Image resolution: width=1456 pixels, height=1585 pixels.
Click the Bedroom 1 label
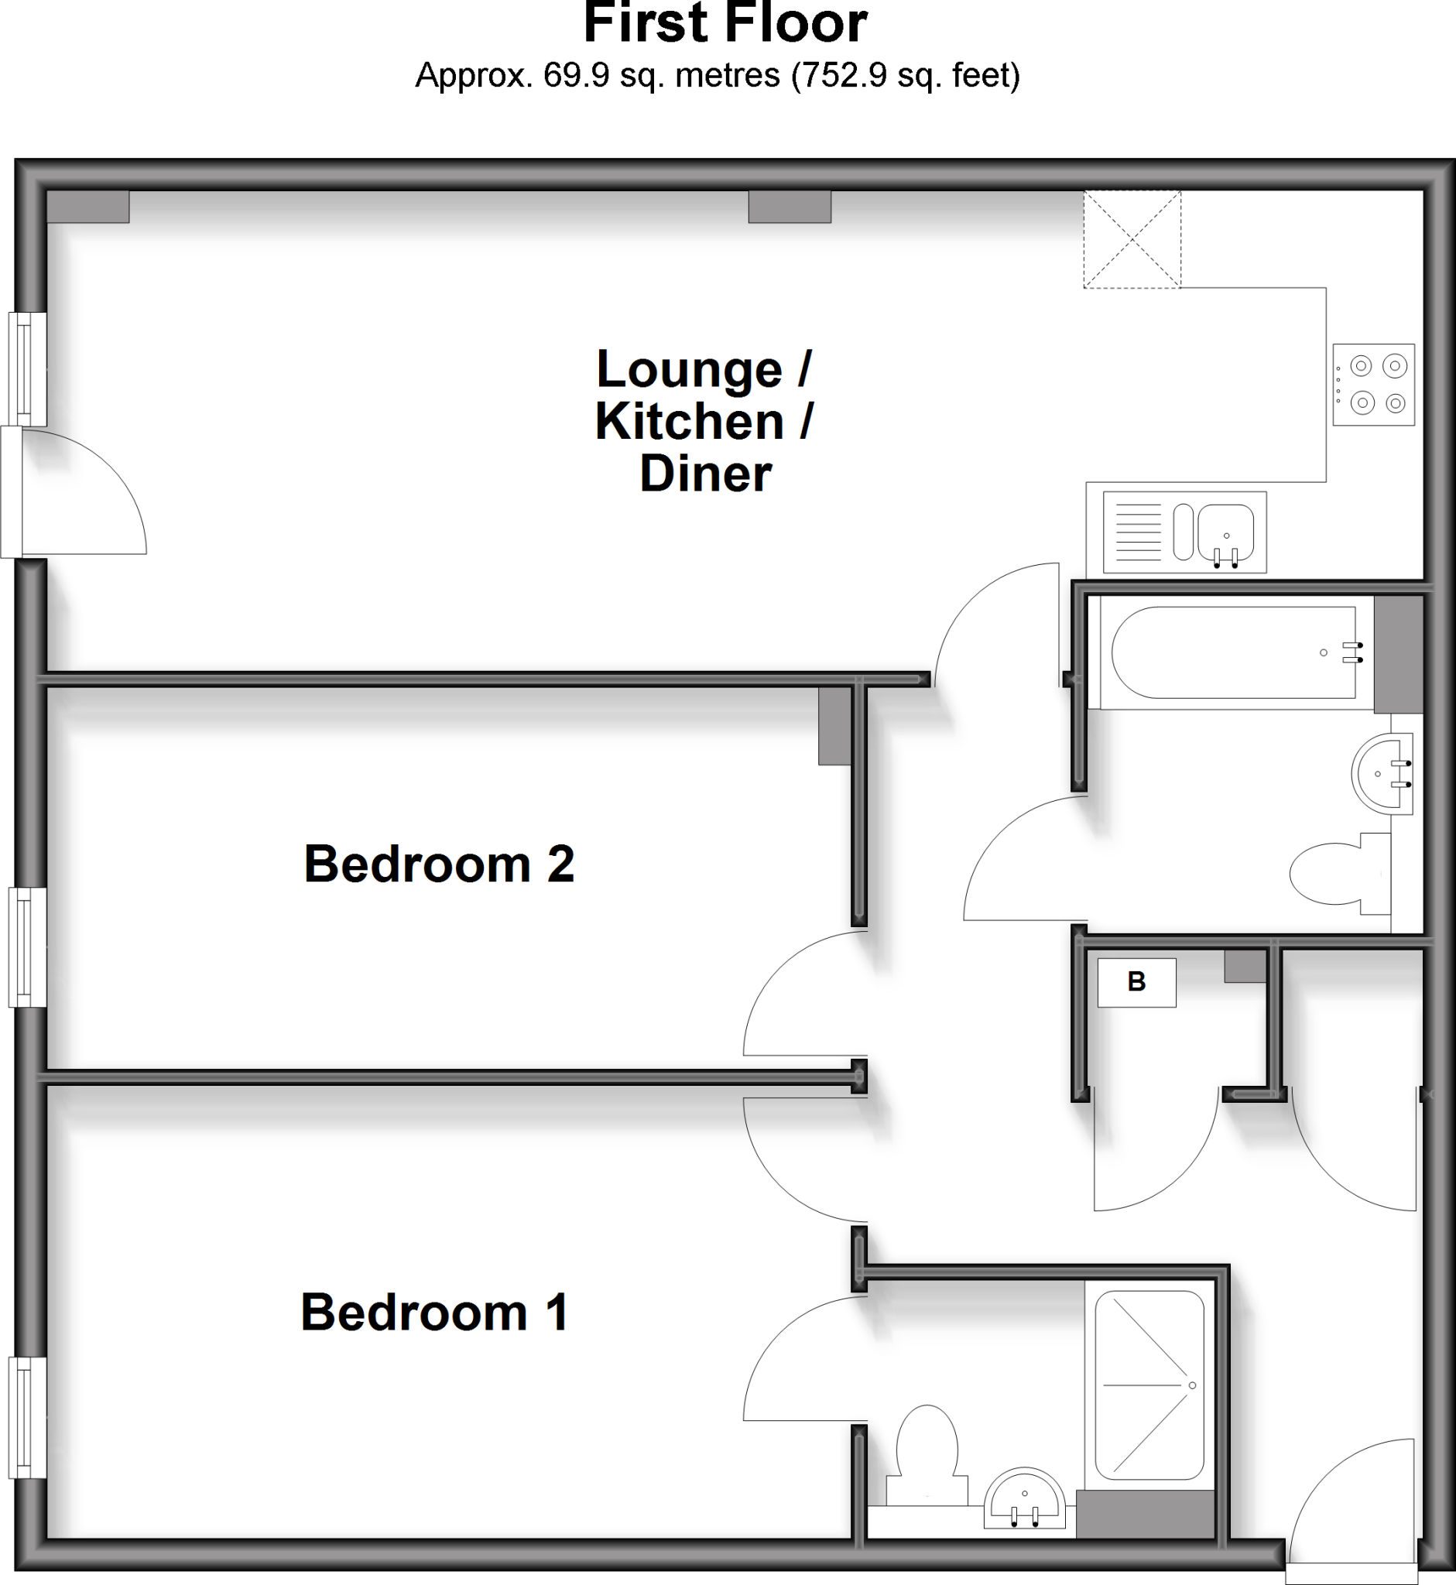click(434, 1312)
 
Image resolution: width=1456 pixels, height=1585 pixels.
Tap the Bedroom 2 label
click(439, 864)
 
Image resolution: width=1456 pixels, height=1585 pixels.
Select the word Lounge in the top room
click(690, 368)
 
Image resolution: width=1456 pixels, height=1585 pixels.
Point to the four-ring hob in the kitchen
click(1373, 385)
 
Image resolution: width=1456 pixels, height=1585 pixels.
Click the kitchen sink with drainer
click(1184, 532)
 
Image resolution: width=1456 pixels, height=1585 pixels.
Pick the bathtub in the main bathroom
click(1233, 652)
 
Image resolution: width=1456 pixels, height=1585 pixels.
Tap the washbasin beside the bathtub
click(1381, 773)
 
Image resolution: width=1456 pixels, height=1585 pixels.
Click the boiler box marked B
click(1136, 981)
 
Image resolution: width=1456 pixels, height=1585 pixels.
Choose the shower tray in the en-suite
click(1149, 1385)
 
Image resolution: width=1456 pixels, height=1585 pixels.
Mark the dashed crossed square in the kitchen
click(1132, 238)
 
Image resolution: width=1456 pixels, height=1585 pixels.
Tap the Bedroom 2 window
click(28, 947)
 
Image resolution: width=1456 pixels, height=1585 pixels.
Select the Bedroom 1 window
click(28, 1416)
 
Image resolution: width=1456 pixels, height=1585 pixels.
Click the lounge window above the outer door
click(28, 369)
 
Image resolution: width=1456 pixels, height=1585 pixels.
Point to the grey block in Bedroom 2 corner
click(834, 725)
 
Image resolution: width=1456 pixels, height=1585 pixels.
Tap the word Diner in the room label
click(705, 474)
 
